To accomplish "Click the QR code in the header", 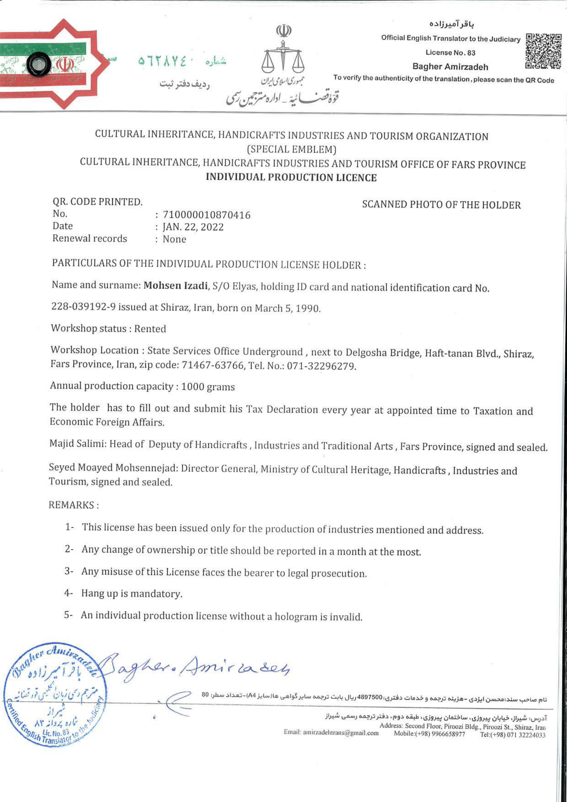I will [x=544, y=51].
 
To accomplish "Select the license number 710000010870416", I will [x=206, y=215].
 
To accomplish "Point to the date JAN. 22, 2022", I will [x=193, y=227].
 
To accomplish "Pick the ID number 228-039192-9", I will [x=83, y=307].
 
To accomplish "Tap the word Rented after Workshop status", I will [x=150, y=329].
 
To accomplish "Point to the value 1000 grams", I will [x=208, y=387].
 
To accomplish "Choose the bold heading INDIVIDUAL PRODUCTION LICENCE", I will [x=291, y=178].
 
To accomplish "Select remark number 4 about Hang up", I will [x=131, y=593].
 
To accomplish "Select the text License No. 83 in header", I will [x=450, y=53].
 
